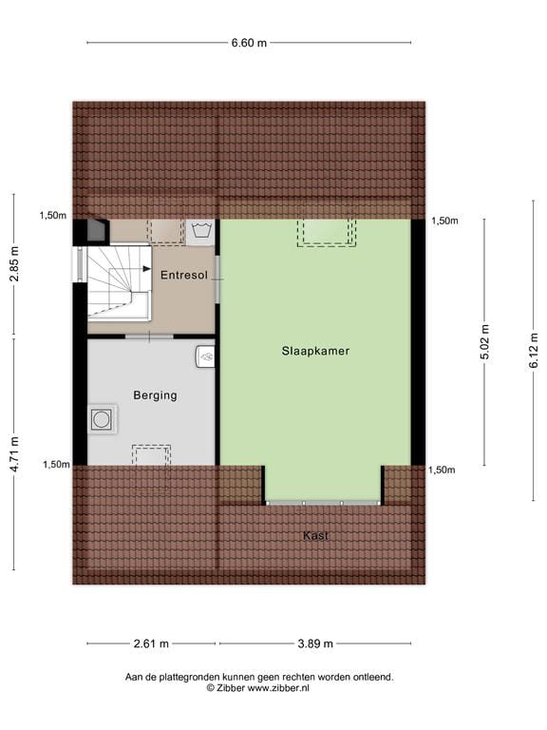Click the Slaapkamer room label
pyautogui.click(x=315, y=351)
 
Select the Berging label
pyautogui.click(x=155, y=395)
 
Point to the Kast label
pyautogui.click(x=315, y=536)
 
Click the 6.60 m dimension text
pyautogui.click(x=249, y=43)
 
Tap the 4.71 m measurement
pyautogui.click(x=13, y=453)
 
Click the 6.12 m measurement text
pyautogui.click(x=533, y=349)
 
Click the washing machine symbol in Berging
pyautogui.click(x=102, y=419)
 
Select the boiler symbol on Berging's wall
pyautogui.click(x=206, y=356)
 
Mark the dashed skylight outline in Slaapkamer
pyautogui.click(x=326, y=232)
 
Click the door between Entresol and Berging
pyautogui.click(x=149, y=336)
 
